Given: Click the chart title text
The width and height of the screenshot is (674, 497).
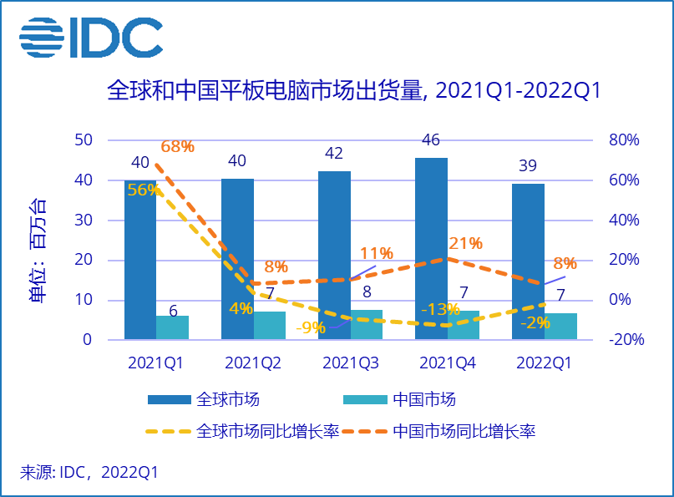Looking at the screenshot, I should [354, 90].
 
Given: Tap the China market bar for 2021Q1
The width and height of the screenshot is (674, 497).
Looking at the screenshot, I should [173, 327].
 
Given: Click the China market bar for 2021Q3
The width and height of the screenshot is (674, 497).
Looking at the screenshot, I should [367, 324].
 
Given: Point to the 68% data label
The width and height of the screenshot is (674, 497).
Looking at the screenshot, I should [177, 146].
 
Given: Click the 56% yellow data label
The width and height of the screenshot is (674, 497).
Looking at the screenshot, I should [143, 190].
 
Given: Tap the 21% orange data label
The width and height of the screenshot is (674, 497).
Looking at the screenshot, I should [465, 243].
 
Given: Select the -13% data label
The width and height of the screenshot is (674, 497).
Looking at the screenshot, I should [440, 309].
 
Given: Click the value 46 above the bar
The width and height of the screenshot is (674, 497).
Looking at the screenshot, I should [431, 139].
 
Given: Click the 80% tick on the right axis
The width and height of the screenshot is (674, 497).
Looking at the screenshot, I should [621, 139].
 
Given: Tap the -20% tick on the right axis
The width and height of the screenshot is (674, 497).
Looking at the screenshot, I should [622, 339].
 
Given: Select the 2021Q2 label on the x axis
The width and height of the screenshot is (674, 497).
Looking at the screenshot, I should [253, 363].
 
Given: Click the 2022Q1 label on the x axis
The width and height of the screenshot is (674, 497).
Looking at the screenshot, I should [544, 363].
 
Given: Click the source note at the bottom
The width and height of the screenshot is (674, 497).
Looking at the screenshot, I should [89, 472].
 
